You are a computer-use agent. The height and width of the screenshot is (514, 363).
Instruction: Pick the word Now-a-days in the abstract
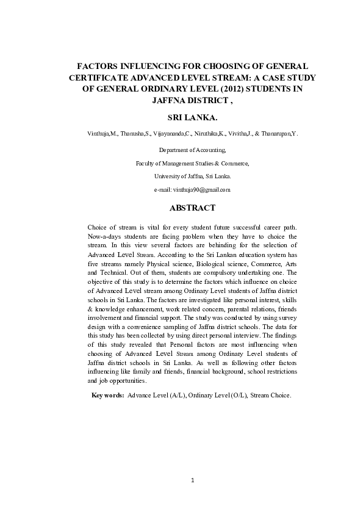(106, 236)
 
